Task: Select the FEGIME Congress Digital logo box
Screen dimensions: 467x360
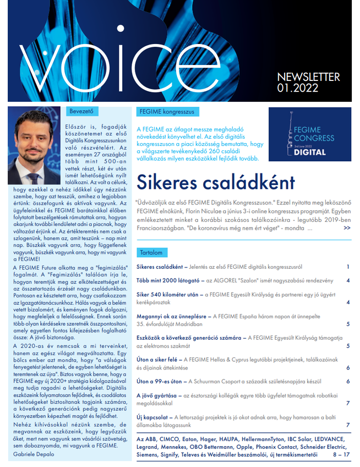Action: click(x=309, y=134)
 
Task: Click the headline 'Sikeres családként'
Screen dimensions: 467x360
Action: click(x=215, y=182)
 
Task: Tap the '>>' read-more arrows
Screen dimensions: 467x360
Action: click(x=347, y=228)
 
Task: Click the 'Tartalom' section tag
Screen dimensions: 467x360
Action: click(x=151, y=253)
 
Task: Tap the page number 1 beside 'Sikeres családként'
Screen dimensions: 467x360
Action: click(x=348, y=267)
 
